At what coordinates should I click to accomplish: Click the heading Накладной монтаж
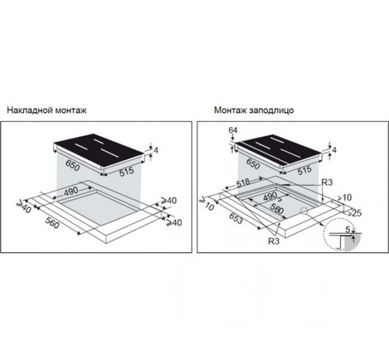(47, 110)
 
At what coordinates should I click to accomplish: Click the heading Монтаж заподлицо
(254, 110)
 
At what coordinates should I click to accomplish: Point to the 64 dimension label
(233, 130)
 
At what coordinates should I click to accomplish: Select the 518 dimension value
(243, 183)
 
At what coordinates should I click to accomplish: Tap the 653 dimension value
(236, 218)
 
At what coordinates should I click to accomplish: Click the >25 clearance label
(354, 213)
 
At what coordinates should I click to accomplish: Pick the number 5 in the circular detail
(348, 230)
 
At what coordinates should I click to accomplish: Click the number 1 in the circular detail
(354, 239)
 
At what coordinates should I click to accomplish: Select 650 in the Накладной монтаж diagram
(73, 166)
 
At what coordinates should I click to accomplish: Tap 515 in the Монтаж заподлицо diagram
(304, 170)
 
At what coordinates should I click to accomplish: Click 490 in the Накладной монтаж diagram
(71, 191)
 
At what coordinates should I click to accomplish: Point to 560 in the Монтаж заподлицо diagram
(277, 209)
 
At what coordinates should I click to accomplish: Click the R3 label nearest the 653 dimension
(273, 241)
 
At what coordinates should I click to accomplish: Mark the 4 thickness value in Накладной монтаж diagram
(156, 150)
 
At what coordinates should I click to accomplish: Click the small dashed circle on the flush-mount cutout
(304, 211)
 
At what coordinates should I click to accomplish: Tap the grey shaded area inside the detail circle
(352, 246)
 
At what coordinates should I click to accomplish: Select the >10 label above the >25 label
(344, 198)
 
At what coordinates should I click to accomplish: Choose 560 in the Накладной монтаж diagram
(52, 222)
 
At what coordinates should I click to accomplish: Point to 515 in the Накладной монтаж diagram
(126, 171)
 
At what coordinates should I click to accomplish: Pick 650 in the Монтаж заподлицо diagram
(252, 164)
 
